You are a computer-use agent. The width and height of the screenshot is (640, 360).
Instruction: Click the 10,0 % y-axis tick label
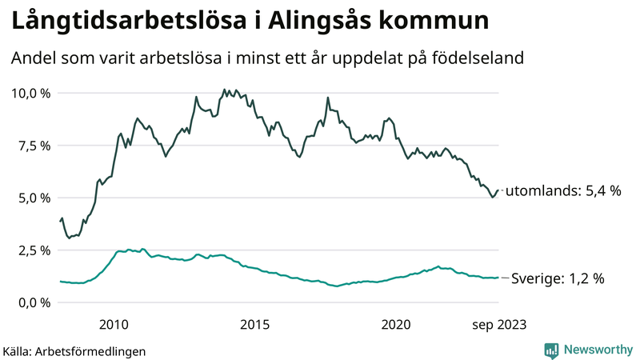[30, 93]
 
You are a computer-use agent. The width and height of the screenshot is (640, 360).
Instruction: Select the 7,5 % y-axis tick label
[34, 146]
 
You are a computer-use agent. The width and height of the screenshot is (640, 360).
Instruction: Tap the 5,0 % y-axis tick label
[34, 198]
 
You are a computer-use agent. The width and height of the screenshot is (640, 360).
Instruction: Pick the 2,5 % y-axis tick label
[34, 250]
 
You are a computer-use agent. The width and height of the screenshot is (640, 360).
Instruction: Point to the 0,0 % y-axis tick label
[34, 302]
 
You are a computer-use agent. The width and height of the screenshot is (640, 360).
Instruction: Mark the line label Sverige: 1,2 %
[557, 278]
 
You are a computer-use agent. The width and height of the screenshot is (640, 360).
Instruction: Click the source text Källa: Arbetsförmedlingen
[74, 350]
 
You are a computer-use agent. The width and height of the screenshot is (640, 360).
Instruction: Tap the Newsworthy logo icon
[551, 350]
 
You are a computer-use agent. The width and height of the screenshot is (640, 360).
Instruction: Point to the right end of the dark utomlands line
[498, 190]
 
